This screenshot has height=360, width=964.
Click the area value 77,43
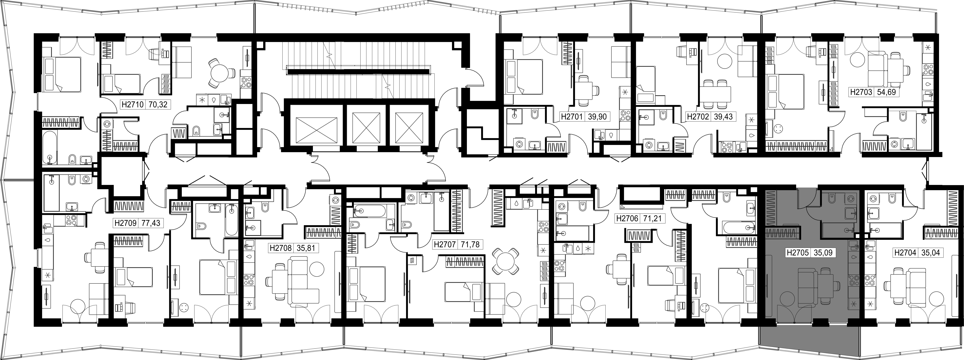151,223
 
